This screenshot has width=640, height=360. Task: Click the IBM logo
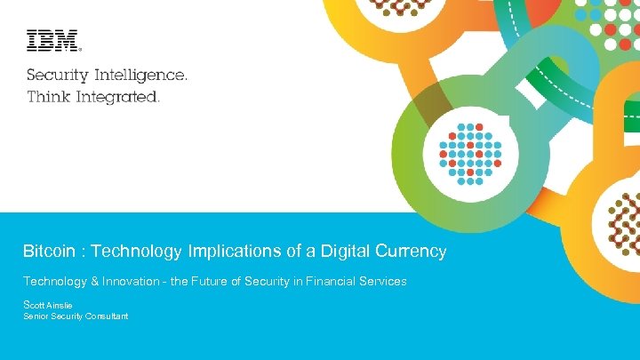click(x=52, y=41)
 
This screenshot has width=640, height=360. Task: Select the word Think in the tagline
click(x=46, y=96)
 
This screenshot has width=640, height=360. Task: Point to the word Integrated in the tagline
click(x=115, y=96)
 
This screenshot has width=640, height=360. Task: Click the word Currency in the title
click(x=412, y=252)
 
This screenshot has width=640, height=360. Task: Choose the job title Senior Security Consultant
click(x=76, y=316)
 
